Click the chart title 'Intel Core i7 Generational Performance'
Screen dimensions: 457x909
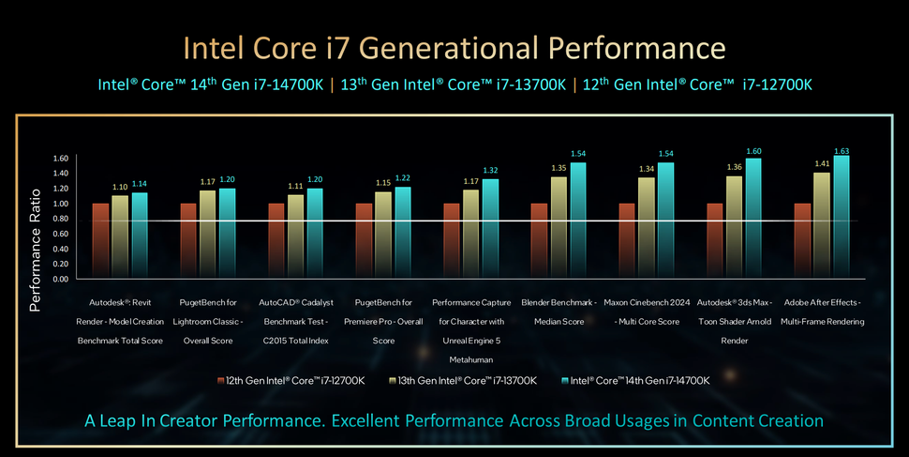pos(454,47)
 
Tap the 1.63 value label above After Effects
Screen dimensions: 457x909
pos(842,150)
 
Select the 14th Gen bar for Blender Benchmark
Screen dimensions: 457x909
pos(578,221)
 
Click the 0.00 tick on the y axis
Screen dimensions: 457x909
pos(61,279)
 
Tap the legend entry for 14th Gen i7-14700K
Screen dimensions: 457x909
pos(637,380)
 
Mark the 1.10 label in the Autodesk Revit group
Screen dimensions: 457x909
pos(120,188)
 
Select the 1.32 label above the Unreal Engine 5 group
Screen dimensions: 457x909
pos(490,171)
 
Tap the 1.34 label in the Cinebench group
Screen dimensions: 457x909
pos(647,169)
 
